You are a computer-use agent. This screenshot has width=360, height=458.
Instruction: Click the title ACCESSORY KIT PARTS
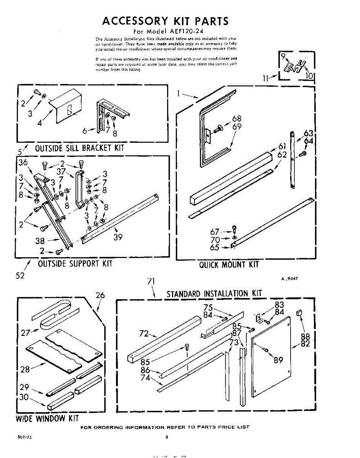(x=165, y=21)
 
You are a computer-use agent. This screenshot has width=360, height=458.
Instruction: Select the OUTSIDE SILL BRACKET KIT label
(x=79, y=148)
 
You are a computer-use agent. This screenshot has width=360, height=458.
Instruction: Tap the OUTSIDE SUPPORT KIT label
(x=75, y=264)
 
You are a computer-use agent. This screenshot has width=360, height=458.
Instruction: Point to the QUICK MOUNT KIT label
(x=229, y=264)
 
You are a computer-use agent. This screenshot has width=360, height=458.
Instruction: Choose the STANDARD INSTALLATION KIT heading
(x=214, y=294)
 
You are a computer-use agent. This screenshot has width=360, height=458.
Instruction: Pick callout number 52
(x=20, y=276)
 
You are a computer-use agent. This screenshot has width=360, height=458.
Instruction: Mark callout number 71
(x=151, y=282)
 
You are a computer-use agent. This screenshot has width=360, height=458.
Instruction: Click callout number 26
(x=100, y=295)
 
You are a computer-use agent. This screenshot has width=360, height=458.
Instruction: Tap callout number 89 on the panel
(x=278, y=360)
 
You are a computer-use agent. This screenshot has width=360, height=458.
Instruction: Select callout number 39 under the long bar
(x=117, y=237)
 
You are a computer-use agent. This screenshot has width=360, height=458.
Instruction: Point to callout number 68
(x=236, y=119)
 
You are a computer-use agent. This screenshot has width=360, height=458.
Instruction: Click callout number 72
(x=143, y=333)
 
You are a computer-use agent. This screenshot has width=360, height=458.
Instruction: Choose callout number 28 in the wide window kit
(x=25, y=369)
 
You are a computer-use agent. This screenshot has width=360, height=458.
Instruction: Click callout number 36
(x=23, y=162)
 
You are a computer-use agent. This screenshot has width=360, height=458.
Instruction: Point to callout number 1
(x=178, y=93)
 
